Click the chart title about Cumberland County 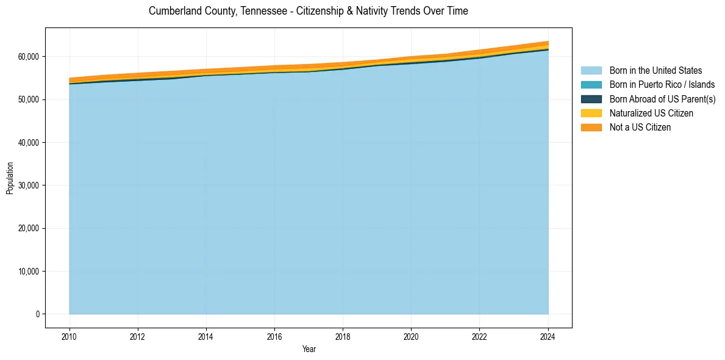(x=308, y=11)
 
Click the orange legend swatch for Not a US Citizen (x=591, y=128)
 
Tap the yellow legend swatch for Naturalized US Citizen (x=591, y=113)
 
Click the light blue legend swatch (x=591, y=71)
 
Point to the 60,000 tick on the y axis (x=27, y=57)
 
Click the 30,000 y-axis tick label (x=27, y=185)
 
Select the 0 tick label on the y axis (x=37, y=314)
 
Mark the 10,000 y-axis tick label (x=27, y=272)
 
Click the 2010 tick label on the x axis (x=70, y=336)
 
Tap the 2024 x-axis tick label (x=548, y=336)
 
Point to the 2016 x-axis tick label (x=274, y=336)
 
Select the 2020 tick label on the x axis (x=411, y=336)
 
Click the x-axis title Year (x=309, y=349)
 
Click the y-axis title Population (x=10, y=178)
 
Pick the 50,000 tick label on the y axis (x=27, y=99)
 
